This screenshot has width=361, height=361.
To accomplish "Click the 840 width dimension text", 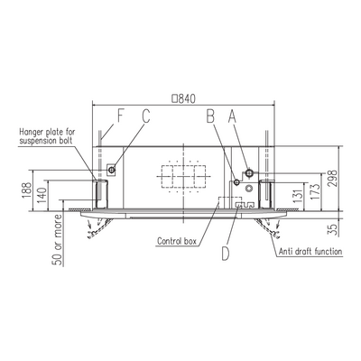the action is [x=183, y=98].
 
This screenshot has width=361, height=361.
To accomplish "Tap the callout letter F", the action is [x=120, y=116].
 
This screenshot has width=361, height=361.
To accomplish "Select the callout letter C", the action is [x=146, y=116].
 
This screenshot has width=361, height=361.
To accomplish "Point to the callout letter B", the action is [x=210, y=116].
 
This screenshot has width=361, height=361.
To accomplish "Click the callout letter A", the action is [x=232, y=116].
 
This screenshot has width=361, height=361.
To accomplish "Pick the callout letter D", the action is [x=226, y=254].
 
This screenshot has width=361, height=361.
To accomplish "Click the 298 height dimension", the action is [x=332, y=179].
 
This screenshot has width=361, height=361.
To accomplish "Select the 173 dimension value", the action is [x=315, y=191].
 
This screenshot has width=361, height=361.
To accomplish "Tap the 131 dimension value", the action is [x=298, y=197].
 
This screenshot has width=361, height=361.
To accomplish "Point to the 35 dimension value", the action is [x=332, y=229].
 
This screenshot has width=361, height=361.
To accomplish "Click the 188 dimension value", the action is [x=26, y=190].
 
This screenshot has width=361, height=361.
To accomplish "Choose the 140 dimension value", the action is [x=42, y=195].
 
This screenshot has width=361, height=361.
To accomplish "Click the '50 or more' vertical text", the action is [x=57, y=240].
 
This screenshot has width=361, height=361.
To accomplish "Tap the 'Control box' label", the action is [x=177, y=241].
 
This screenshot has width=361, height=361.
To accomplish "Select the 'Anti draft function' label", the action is [x=310, y=252].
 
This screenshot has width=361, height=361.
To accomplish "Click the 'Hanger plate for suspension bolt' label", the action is [x=47, y=136].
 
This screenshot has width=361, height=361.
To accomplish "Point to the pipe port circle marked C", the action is [x=112, y=170].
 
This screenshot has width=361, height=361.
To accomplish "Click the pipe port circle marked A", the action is [x=249, y=172].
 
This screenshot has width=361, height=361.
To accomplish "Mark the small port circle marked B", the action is [x=237, y=182].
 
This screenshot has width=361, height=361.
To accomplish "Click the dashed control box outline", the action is [x=230, y=202].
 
